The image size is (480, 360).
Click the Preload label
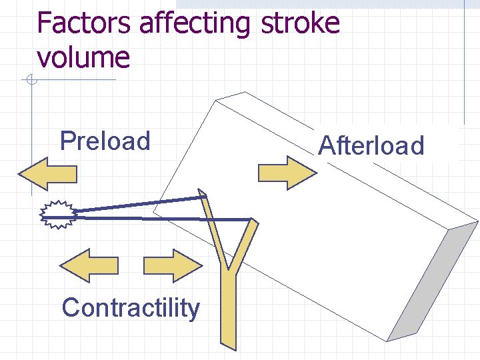(105, 141)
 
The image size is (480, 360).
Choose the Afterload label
(371, 145)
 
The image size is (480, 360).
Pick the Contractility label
(130, 308)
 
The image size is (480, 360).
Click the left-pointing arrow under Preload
(47, 174)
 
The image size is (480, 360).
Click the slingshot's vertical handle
(229, 307)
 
